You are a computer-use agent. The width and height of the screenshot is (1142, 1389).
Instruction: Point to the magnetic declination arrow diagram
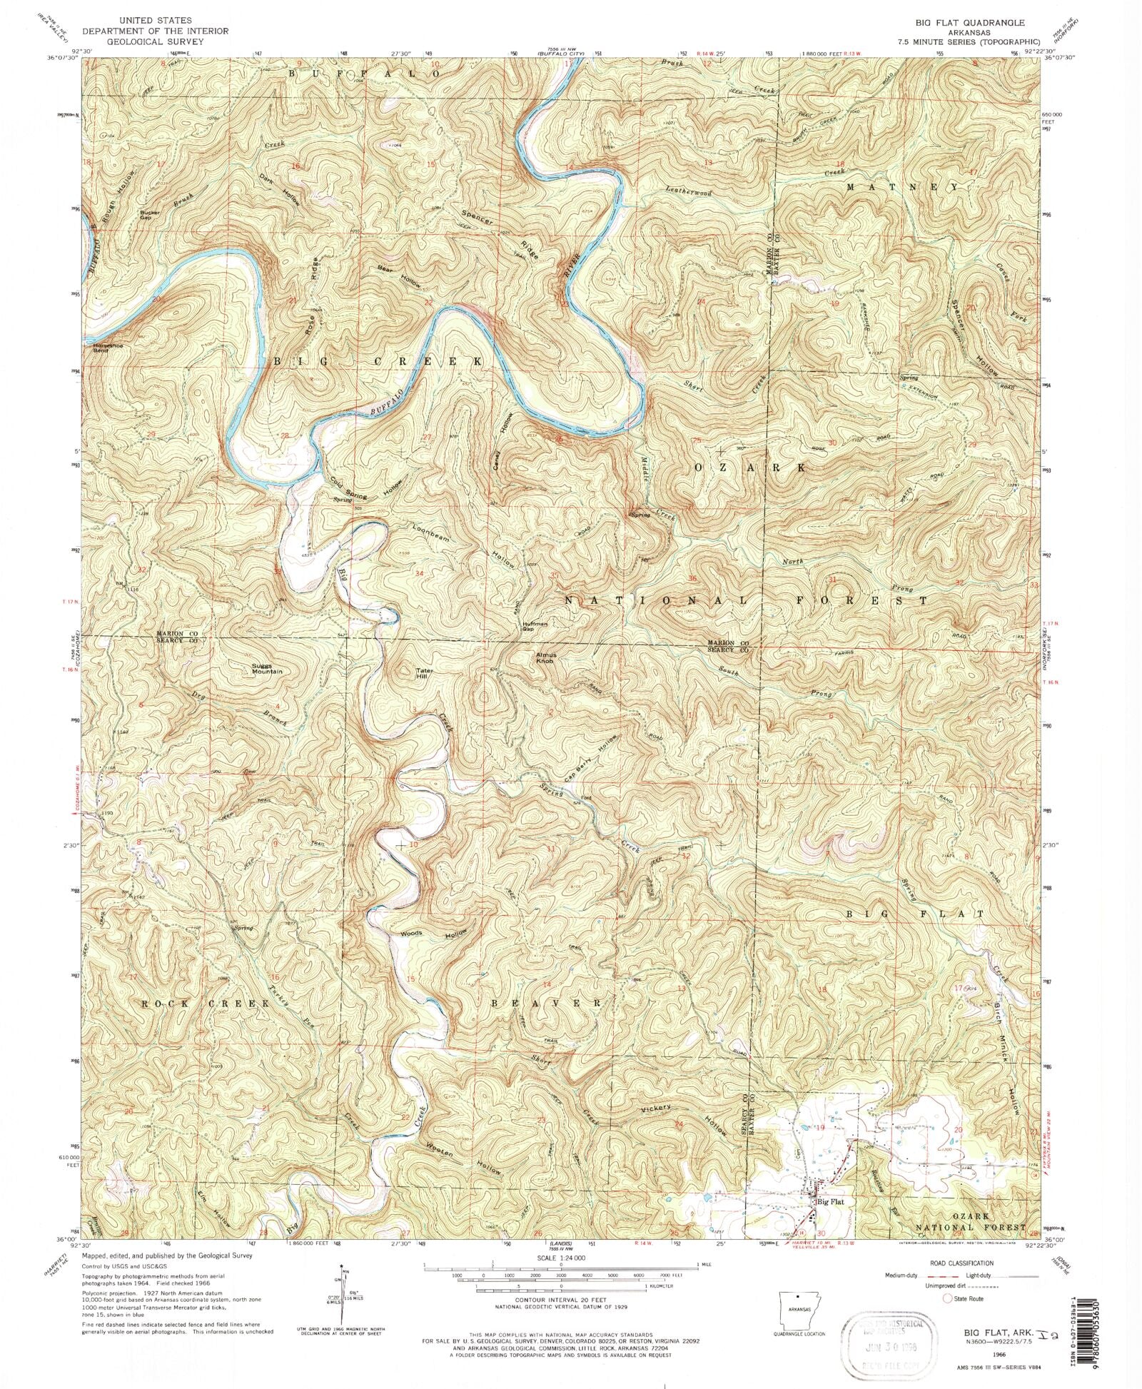click(342, 1294)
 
